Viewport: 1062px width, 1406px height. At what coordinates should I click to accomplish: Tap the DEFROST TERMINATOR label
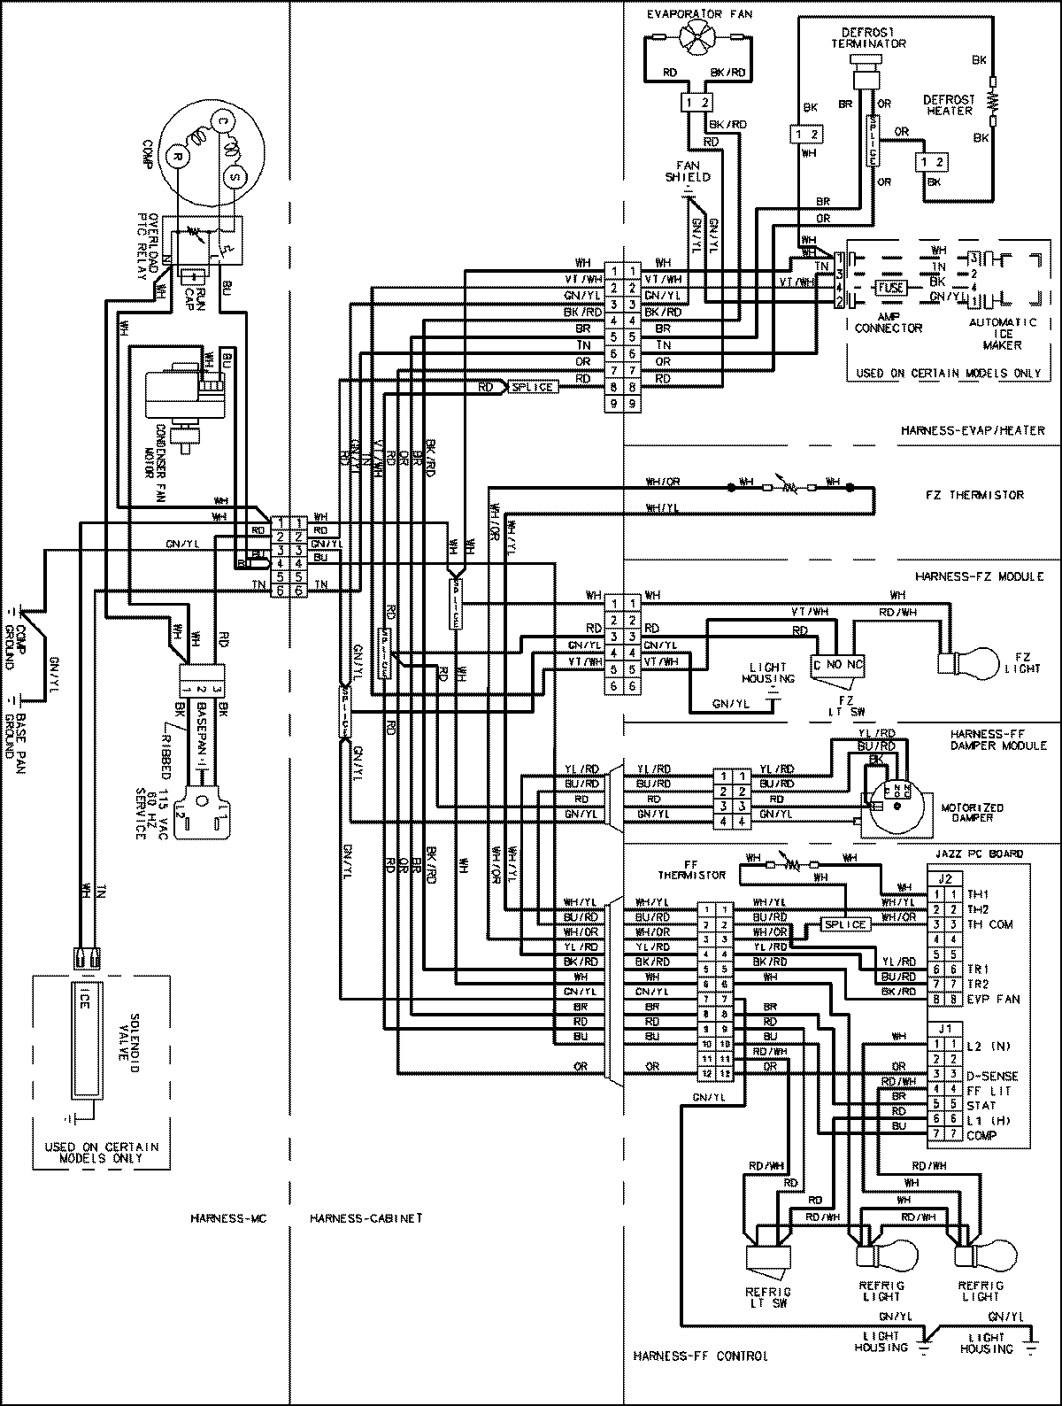(x=856, y=36)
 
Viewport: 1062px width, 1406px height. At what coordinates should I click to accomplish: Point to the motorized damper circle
(x=894, y=807)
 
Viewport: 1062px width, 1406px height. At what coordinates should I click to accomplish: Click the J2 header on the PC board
(x=943, y=879)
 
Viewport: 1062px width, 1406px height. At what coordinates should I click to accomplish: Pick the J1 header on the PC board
(x=943, y=1029)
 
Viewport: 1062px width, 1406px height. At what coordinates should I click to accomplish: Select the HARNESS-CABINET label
(x=366, y=1218)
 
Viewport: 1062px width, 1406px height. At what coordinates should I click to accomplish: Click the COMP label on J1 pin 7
(x=981, y=1135)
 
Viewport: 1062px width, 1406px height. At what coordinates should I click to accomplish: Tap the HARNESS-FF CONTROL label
(x=701, y=1356)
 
